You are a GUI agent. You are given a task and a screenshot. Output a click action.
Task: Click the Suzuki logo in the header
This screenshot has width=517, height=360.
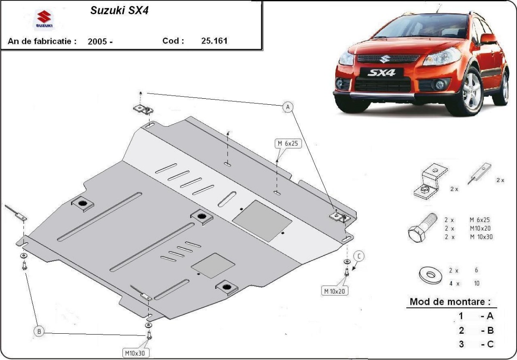pos(44,20)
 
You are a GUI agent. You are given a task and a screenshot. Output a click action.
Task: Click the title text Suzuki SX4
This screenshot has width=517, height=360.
pos(119,10)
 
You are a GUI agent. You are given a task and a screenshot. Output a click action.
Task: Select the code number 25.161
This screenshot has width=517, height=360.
pos(214,41)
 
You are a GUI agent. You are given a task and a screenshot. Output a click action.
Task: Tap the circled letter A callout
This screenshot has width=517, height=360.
pos(288,107)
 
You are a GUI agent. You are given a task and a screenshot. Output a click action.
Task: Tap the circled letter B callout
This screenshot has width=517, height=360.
pos(39,332)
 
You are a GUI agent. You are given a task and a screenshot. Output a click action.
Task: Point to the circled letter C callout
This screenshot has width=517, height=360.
pos(359,256)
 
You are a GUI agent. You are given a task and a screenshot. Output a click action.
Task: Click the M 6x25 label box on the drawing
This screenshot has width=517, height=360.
pos(288,144)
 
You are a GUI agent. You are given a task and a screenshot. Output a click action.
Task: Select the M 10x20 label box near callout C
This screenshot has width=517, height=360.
pos(334,291)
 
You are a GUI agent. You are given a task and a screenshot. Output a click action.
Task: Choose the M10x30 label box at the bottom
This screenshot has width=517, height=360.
pos(135,353)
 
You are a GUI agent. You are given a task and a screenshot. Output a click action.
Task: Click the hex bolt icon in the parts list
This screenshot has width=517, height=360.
pos(422,228)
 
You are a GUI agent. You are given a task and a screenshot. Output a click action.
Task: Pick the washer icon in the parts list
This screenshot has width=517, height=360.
pos(431,275)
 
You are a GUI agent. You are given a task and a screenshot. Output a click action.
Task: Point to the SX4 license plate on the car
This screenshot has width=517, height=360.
pos(381,73)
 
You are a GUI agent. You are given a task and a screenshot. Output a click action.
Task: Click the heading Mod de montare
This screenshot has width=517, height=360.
pos(450,302)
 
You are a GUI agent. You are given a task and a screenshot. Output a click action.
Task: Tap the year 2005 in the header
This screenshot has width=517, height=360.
pos(97,41)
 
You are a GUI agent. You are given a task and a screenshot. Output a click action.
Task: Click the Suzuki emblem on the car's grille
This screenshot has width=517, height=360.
pos(383,59)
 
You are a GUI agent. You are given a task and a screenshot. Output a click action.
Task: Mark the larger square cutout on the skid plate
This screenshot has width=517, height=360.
pos(262,221)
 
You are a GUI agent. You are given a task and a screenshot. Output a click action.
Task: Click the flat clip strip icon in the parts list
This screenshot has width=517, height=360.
pos(480,173)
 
